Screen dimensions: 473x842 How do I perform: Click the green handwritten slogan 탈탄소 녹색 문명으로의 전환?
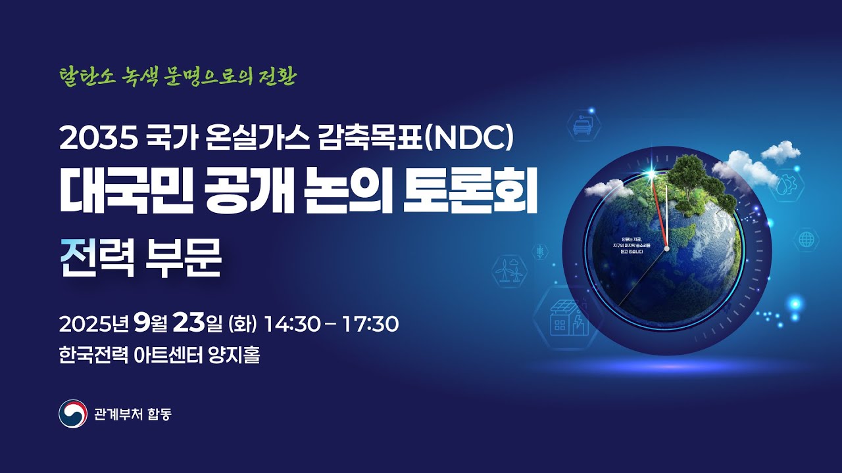(178, 77)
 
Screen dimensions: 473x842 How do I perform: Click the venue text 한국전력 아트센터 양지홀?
(159, 356)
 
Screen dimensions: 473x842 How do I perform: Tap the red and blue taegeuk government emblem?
(72, 414)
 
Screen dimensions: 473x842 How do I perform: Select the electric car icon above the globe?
(582, 125)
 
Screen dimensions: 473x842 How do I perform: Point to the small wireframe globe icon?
(806, 238)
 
